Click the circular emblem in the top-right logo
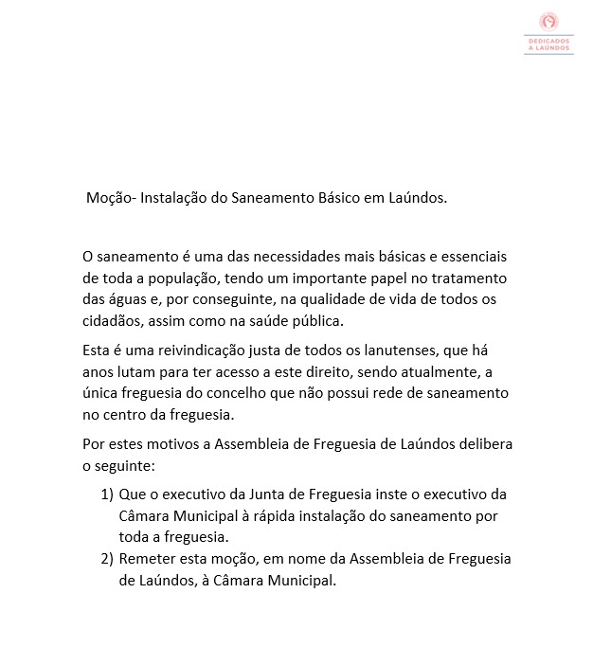point(547,20)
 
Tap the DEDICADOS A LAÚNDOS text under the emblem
point(548,45)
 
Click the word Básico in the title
point(347,199)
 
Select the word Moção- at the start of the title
point(113,199)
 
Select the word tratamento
point(466,279)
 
